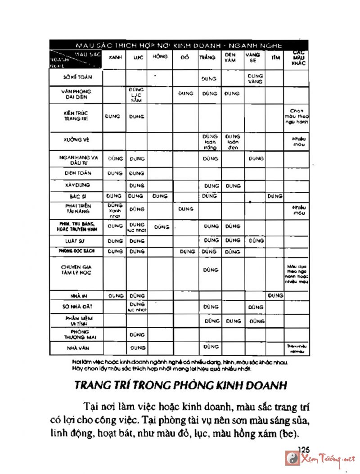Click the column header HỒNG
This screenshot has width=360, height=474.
coord(160,57)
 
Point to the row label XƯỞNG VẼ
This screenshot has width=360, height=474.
coord(76,140)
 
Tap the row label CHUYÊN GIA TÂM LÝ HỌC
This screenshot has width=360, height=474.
coord(76,270)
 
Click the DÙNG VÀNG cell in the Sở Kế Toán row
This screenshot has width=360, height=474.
coord(255,79)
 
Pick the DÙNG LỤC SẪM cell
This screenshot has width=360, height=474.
coord(137,95)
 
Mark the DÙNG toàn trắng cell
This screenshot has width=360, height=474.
coord(210,141)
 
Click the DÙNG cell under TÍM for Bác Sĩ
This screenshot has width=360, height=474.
coord(274,196)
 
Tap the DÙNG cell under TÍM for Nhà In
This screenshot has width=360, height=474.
coord(275,296)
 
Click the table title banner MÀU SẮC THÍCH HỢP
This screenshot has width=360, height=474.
coord(179,45)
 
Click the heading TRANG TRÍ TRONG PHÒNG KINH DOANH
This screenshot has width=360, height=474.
coord(180,386)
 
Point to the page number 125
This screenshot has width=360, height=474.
coord(304,449)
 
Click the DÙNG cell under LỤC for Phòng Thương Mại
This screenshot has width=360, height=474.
coord(137,334)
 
